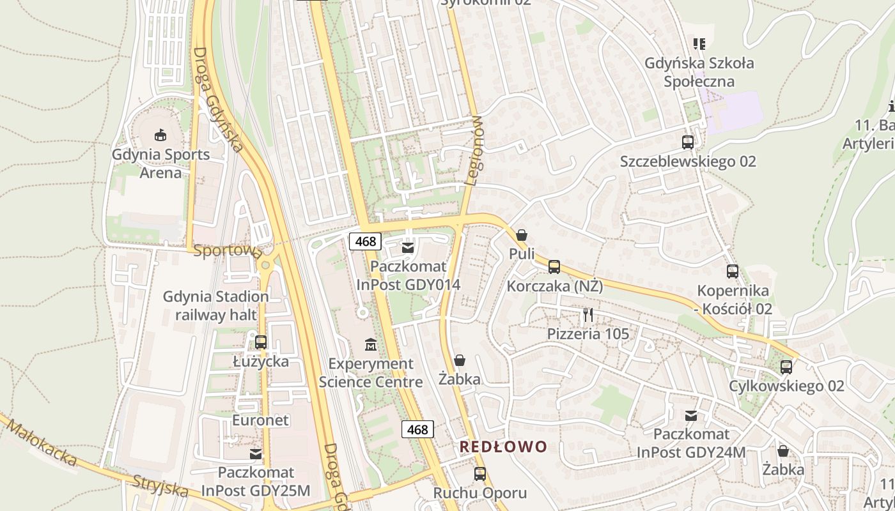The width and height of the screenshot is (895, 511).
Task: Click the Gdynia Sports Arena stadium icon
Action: (160, 135)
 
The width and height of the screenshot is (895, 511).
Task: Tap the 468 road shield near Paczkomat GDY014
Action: (366, 241)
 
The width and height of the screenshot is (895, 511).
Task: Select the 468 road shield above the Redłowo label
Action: (417, 430)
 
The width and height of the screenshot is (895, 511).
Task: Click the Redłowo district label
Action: (504, 446)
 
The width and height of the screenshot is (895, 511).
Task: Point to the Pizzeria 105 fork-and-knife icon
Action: (588, 314)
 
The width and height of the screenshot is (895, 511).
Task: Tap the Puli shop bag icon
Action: (522, 235)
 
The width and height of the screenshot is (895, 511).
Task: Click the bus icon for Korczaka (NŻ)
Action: (554, 266)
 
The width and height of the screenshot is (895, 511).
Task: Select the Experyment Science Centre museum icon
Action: (370, 345)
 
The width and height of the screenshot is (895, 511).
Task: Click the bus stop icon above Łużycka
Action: (260, 342)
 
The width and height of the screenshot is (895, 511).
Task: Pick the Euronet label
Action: (260, 420)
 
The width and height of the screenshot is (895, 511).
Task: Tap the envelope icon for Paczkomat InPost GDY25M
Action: (256, 454)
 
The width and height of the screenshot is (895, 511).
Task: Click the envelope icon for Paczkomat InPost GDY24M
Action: (691, 416)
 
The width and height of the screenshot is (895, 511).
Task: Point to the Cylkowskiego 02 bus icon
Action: (786, 367)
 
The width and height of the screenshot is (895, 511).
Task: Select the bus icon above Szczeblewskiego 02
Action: (688, 142)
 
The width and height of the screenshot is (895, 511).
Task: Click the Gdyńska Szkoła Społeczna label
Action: (699, 72)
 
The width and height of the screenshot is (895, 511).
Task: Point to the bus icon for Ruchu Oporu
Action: (479, 474)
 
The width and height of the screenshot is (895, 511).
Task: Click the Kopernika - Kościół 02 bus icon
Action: (733, 271)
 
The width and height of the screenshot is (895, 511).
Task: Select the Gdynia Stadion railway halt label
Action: (216, 305)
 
